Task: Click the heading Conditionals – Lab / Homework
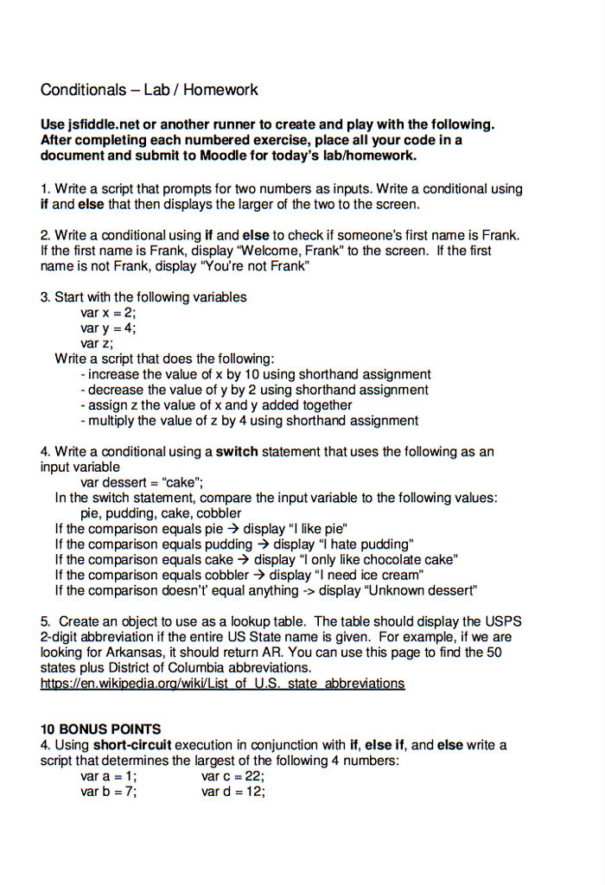[x=149, y=90]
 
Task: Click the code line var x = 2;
[x=108, y=313]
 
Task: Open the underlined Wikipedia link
[x=222, y=684]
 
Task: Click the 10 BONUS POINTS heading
[x=100, y=729]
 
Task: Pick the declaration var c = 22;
[x=232, y=776]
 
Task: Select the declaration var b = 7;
[x=108, y=792]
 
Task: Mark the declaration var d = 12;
[x=232, y=792]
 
